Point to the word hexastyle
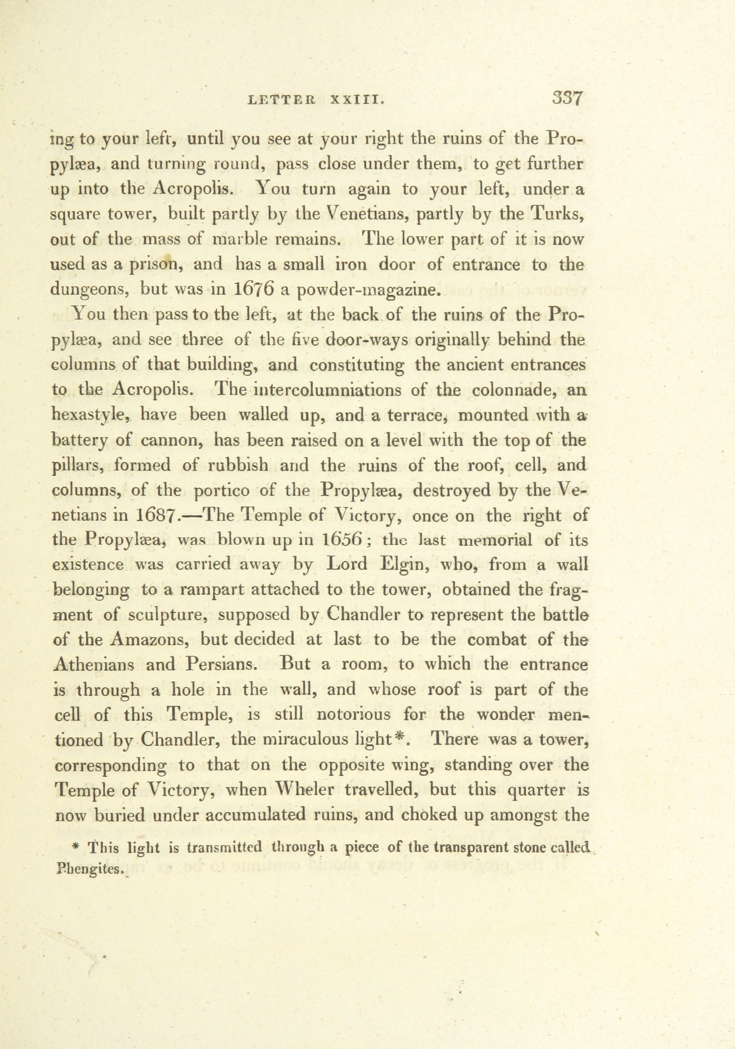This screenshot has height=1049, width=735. click(x=90, y=415)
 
